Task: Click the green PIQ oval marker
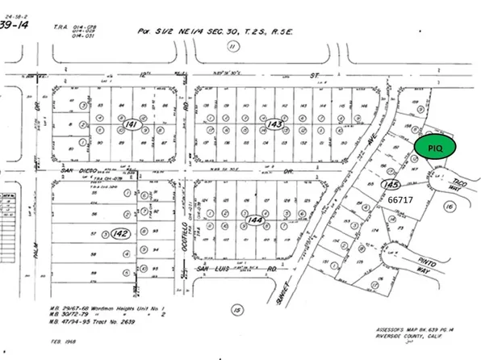[x=436, y=147]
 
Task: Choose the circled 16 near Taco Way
[x=450, y=207]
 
